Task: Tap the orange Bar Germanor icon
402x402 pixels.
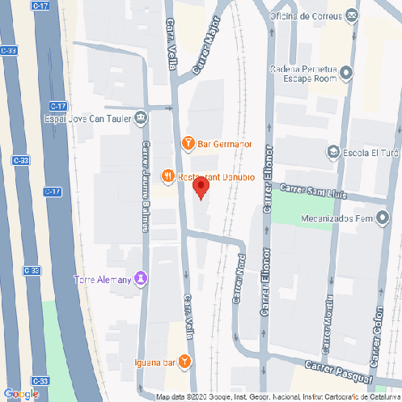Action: [188, 144]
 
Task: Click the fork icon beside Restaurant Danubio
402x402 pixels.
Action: [167, 175]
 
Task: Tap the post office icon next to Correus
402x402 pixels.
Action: [351, 15]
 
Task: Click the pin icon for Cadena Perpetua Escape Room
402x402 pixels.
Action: [347, 74]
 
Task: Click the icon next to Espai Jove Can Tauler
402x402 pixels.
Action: [141, 118]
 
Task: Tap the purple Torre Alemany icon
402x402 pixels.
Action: [142, 279]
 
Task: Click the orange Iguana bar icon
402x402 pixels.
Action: [186, 361]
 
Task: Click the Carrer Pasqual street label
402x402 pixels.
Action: [338, 373]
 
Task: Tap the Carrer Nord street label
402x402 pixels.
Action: [239, 280]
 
